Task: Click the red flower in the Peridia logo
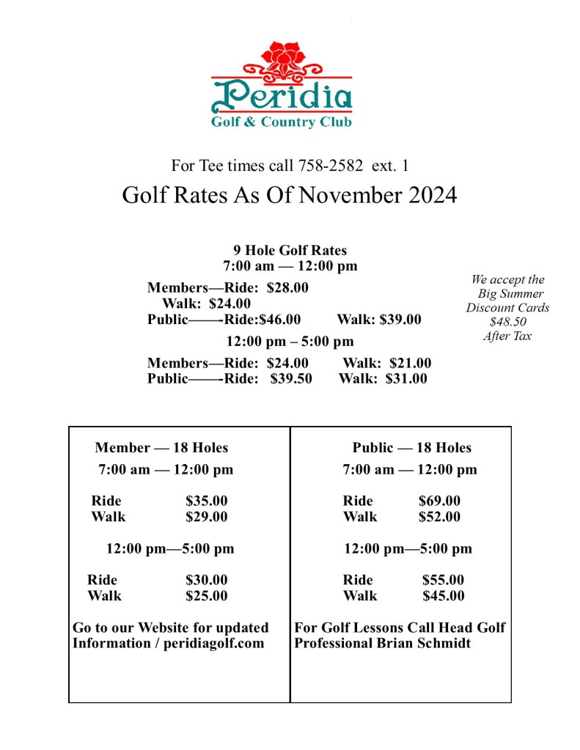pyautogui.click(x=282, y=56)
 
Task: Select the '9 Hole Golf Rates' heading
pyautogui.click(x=290, y=251)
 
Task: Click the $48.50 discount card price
pyautogui.click(x=507, y=322)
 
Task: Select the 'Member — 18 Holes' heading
pyautogui.click(x=161, y=447)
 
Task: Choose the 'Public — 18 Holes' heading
pyautogui.click(x=411, y=447)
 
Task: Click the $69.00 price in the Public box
pyautogui.click(x=439, y=501)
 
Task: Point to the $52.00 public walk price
pyautogui.click(x=439, y=516)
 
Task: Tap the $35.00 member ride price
pyautogui.click(x=206, y=501)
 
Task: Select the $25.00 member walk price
pyautogui.click(x=206, y=595)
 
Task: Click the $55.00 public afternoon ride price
pyautogui.click(x=443, y=580)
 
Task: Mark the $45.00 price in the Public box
pyautogui.click(x=443, y=595)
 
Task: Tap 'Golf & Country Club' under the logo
pyautogui.click(x=282, y=122)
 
